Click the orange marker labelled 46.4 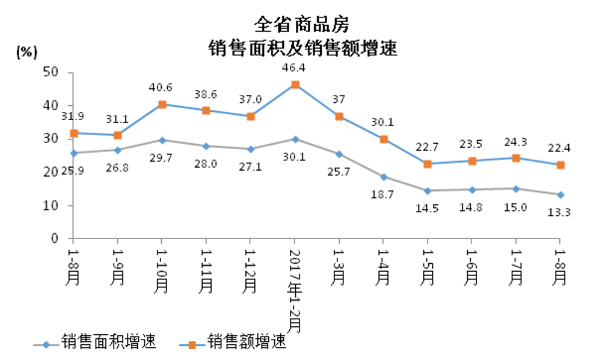pyautogui.click(x=295, y=85)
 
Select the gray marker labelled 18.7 pyautogui.click(x=384, y=177)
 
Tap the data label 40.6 pyautogui.click(x=161, y=88)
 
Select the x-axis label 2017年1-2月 pyautogui.click(x=295, y=288)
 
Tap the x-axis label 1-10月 pyautogui.click(x=162, y=270)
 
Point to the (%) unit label pyautogui.click(x=26, y=52)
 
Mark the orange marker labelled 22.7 pyautogui.click(x=428, y=163)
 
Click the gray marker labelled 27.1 pyautogui.click(x=251, y=148)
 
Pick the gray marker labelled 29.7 pyautogui.click(x=162, y=140)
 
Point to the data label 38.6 pyautogui.click(x=206, y=94)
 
